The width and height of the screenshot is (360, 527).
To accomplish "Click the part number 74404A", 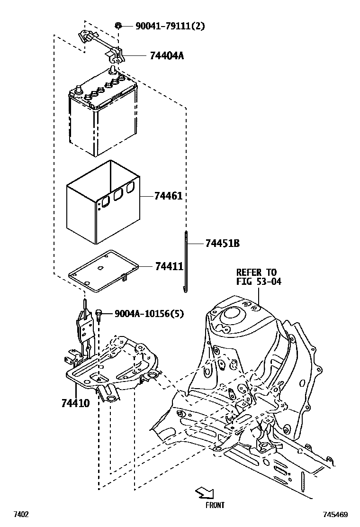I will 166,56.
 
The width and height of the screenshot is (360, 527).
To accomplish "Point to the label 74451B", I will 222,244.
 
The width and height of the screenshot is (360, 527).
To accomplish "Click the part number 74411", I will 169,267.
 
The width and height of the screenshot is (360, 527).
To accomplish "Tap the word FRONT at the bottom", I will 215,505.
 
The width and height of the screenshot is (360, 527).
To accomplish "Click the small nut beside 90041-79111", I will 118,26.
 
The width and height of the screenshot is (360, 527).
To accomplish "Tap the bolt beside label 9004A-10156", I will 99,314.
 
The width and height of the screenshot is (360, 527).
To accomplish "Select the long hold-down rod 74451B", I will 186,261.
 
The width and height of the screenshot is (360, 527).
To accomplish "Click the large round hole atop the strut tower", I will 232,313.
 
